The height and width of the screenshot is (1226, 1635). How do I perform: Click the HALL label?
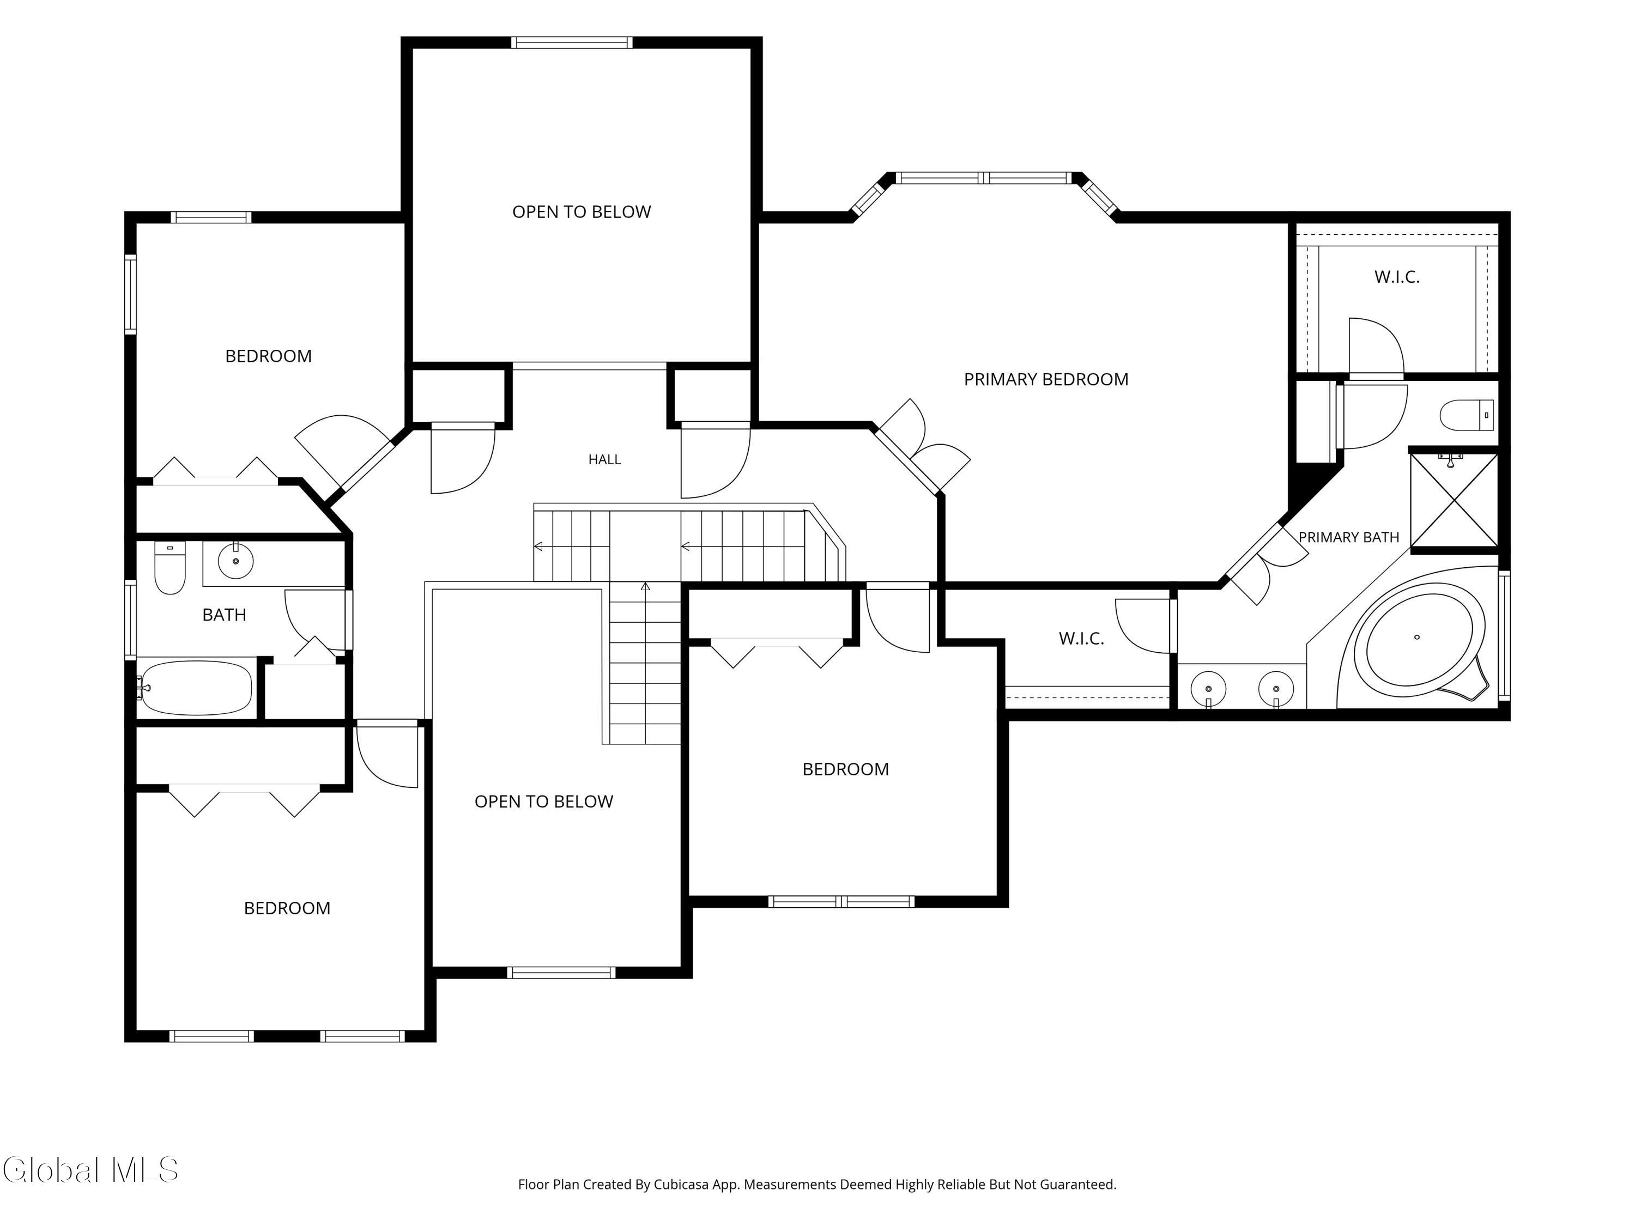click(604, 460)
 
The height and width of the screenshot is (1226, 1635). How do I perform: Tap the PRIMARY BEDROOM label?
click(1046, 379)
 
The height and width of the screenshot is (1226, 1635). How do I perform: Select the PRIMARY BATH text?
click(1349, 537)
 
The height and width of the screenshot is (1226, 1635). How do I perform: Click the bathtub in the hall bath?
click(196, 688)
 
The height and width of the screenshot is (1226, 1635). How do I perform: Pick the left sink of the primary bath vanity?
click(1208, 688)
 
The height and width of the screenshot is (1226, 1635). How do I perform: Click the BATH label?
click(224, 615)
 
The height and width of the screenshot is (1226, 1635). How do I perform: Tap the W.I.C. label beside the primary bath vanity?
click(1081, 639)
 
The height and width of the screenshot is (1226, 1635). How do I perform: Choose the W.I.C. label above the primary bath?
click(1397, 277)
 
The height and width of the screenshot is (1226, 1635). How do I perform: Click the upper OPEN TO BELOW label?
click(582, 212)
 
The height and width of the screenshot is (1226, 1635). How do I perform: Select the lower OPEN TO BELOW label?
click(544, 802)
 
